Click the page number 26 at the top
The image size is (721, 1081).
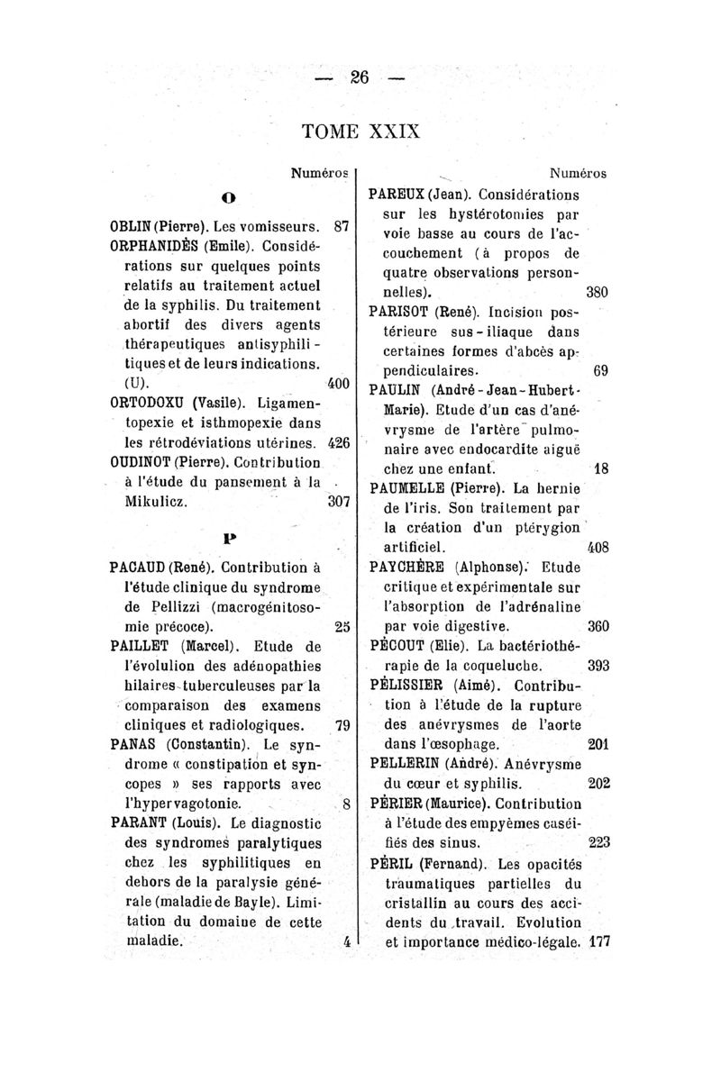tap(360, 78)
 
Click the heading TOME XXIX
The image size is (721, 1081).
tap(360, 130)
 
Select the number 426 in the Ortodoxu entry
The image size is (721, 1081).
tap(338, 442)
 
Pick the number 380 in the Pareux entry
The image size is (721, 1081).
tap(598, 293)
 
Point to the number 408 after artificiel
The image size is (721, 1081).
tap(598, 547)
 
